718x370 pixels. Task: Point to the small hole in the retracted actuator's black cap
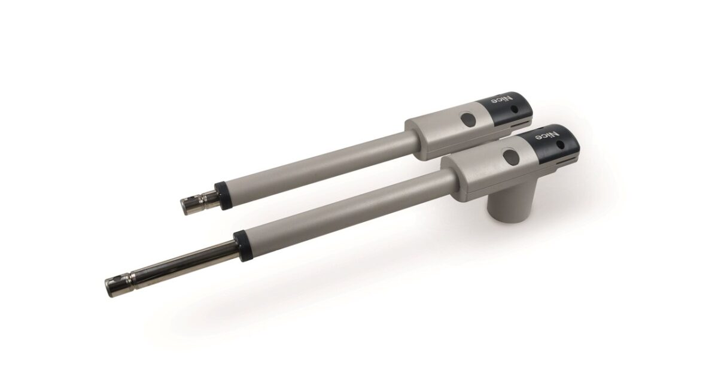pos(515,110)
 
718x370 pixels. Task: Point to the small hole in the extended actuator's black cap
pos(561,145)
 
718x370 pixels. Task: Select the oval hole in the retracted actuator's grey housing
pos(468,119)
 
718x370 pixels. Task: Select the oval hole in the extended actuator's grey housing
pos(511,156)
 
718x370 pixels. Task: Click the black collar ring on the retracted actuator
pos(223,195)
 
